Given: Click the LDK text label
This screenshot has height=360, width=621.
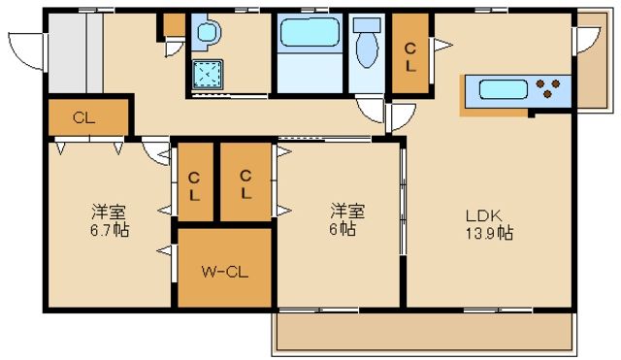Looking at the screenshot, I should coord(481,216).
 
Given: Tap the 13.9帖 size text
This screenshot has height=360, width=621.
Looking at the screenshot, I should coord(488,234).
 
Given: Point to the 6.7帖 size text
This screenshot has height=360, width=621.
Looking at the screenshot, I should coord(108,230).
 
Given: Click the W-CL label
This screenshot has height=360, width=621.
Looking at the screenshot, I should coord(224,271).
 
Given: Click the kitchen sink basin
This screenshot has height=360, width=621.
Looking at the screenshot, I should coord(502,90).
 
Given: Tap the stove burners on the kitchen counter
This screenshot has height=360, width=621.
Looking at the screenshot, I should coord(549,89).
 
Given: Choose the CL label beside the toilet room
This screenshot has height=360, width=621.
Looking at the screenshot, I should coord(410,57).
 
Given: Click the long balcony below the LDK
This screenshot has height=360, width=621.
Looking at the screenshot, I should coord(421,333).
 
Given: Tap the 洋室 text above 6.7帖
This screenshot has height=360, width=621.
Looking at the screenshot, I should coord(108,213).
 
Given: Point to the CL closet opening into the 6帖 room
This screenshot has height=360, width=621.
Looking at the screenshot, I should coord(245,183).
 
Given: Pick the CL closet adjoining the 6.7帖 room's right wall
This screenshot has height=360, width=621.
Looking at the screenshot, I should coord(195,183).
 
